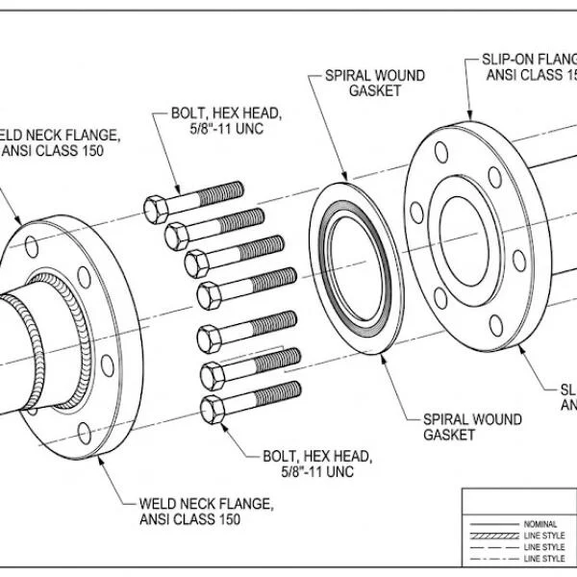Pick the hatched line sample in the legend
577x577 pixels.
pyautogui.click(x=490, y=536)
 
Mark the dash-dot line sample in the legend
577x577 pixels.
pyautogui.click(x=490, y=558)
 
